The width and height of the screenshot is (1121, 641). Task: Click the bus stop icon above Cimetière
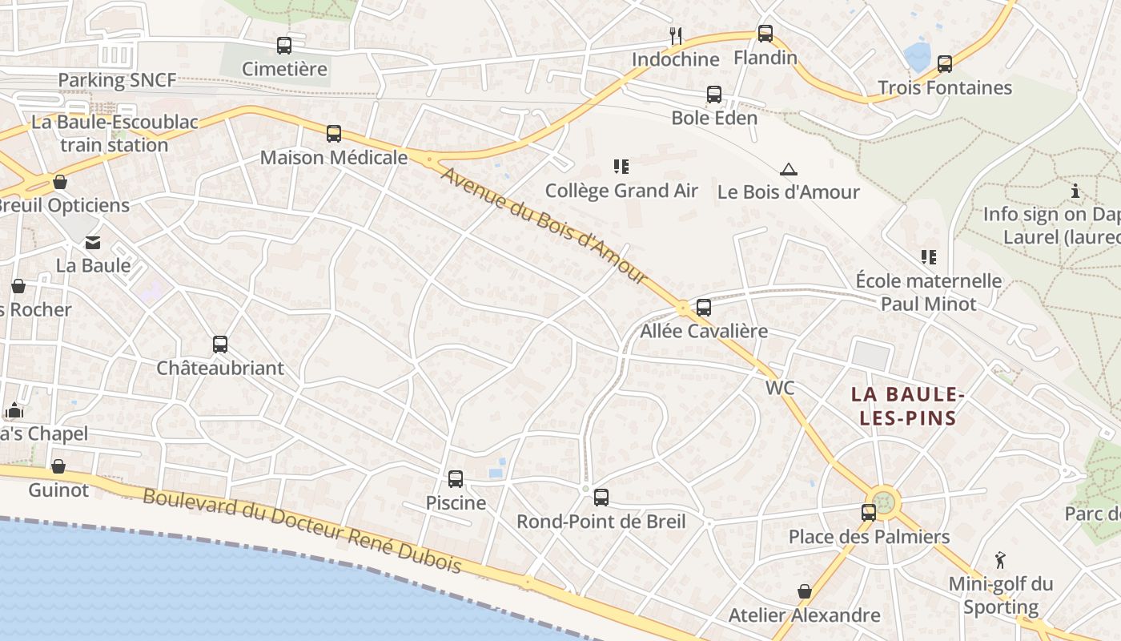click(284, 46)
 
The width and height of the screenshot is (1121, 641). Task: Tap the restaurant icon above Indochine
click(676, 35)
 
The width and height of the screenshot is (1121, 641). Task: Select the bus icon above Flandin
click(765, 34)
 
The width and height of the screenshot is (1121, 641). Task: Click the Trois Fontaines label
click(945, 87)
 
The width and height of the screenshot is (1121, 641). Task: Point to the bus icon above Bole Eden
click(714, 95)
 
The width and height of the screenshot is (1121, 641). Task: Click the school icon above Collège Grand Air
click(621, 167)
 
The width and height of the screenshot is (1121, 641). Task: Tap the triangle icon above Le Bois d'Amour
click(789, 169)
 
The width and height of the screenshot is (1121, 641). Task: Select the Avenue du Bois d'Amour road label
click(544, 225)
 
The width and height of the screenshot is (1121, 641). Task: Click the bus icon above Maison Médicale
click(334, 134)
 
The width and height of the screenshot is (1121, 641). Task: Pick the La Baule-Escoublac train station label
click(115, 134)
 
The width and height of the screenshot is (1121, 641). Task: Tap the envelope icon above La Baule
click(93, 242)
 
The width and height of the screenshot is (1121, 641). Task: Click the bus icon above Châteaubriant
click(220, 345)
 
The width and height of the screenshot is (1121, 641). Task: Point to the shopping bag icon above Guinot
click(58, 466)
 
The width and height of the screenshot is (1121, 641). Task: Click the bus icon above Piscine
click(456, 479)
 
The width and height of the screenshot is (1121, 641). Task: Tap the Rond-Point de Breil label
click(601, 522)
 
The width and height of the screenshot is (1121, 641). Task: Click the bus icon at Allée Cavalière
click(704, 308)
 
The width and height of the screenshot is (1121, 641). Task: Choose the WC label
click(780, 388)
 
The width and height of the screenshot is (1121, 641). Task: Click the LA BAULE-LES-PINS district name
click(905, 405)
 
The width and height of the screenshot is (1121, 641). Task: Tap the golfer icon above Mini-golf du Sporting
click(1000, 559)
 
